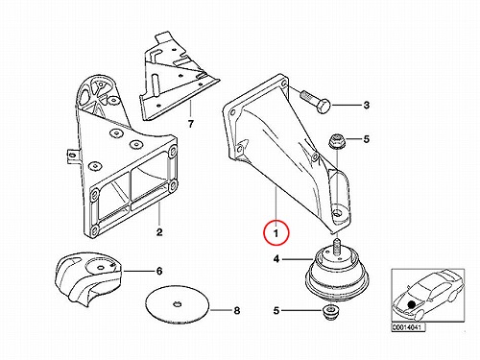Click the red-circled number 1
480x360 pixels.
(x=276, y=233)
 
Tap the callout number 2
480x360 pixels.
(x=159, y=232)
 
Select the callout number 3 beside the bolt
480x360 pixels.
(x=367, y=105)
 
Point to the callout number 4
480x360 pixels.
(x=276, y=258)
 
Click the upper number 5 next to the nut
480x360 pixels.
(x=366, y=139)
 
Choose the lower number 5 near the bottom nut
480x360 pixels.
(x=276, y=310)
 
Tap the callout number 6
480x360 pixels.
(x=159, y=272)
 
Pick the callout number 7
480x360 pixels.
(x=191, y=124)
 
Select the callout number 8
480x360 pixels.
(x=236, y=310)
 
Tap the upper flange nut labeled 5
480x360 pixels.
(x=337, y=141)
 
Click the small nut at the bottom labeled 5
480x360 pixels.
(x=329, y=312)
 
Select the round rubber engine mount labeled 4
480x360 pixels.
(x=331, y=275)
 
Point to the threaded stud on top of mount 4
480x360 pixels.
(x=336, y=247)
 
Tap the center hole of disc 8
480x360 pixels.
(x=177, y=304)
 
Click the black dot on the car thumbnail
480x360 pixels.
(x=412, y=304)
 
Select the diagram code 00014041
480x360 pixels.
(x=409, y=327)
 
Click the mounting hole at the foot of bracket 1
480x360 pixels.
(x=337, y=213)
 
